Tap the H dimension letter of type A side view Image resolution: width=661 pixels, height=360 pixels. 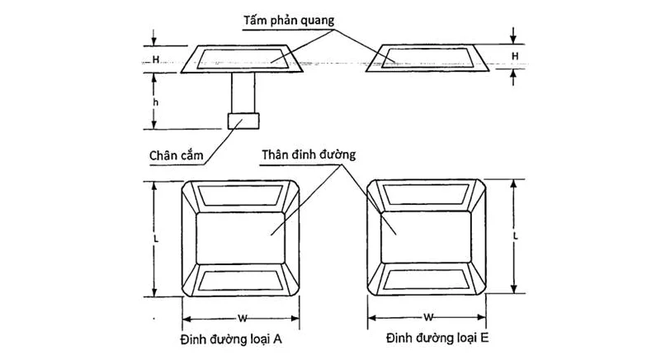click(156, 60)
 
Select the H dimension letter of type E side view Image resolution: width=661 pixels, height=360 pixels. click(515, 56)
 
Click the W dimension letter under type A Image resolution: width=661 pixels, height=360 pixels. click(240, 318)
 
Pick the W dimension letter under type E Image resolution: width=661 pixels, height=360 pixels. click(429, 317)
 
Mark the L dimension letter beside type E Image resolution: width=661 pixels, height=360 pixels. click(515, 235)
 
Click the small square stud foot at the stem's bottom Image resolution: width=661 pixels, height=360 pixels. click(243, 121)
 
